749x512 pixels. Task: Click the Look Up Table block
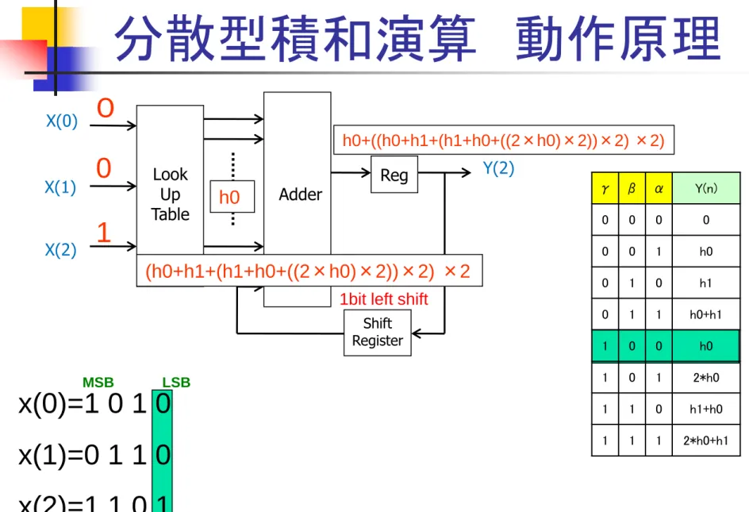coord(170,180)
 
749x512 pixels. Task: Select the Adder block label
coord(301,194)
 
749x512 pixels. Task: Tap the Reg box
coord(394,175)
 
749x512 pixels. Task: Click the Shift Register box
coord(378,333)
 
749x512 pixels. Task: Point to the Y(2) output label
coord(498,168)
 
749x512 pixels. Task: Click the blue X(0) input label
coord(62,121)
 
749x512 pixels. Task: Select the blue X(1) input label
coord(60,187)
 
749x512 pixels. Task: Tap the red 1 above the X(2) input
coord(104,233)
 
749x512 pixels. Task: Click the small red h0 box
coord(232,197)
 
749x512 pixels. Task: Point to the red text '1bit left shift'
coord(383,299)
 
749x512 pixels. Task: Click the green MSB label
coord(98,383)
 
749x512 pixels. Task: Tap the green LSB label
coord(176,383)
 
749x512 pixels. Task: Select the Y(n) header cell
coord(706,188)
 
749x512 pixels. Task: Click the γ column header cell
coord(605,188)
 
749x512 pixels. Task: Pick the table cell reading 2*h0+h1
coord(706,441)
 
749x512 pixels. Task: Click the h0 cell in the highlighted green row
coord(706,346)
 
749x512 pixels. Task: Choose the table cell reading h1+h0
coord(706,410)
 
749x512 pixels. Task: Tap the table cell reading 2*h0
coord(706,378)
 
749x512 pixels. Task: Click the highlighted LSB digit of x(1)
coord(163,455)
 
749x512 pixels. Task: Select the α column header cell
coord(659,188)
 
